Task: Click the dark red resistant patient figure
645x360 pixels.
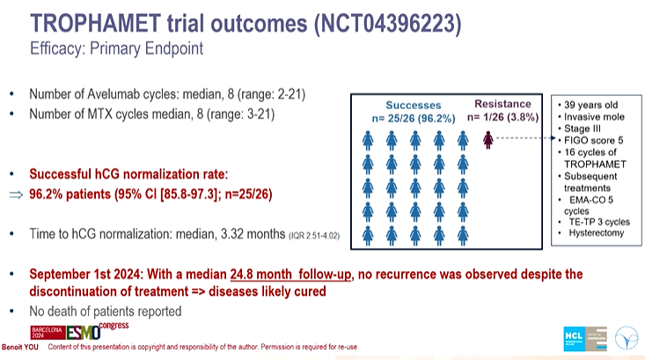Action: click(487, 138)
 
